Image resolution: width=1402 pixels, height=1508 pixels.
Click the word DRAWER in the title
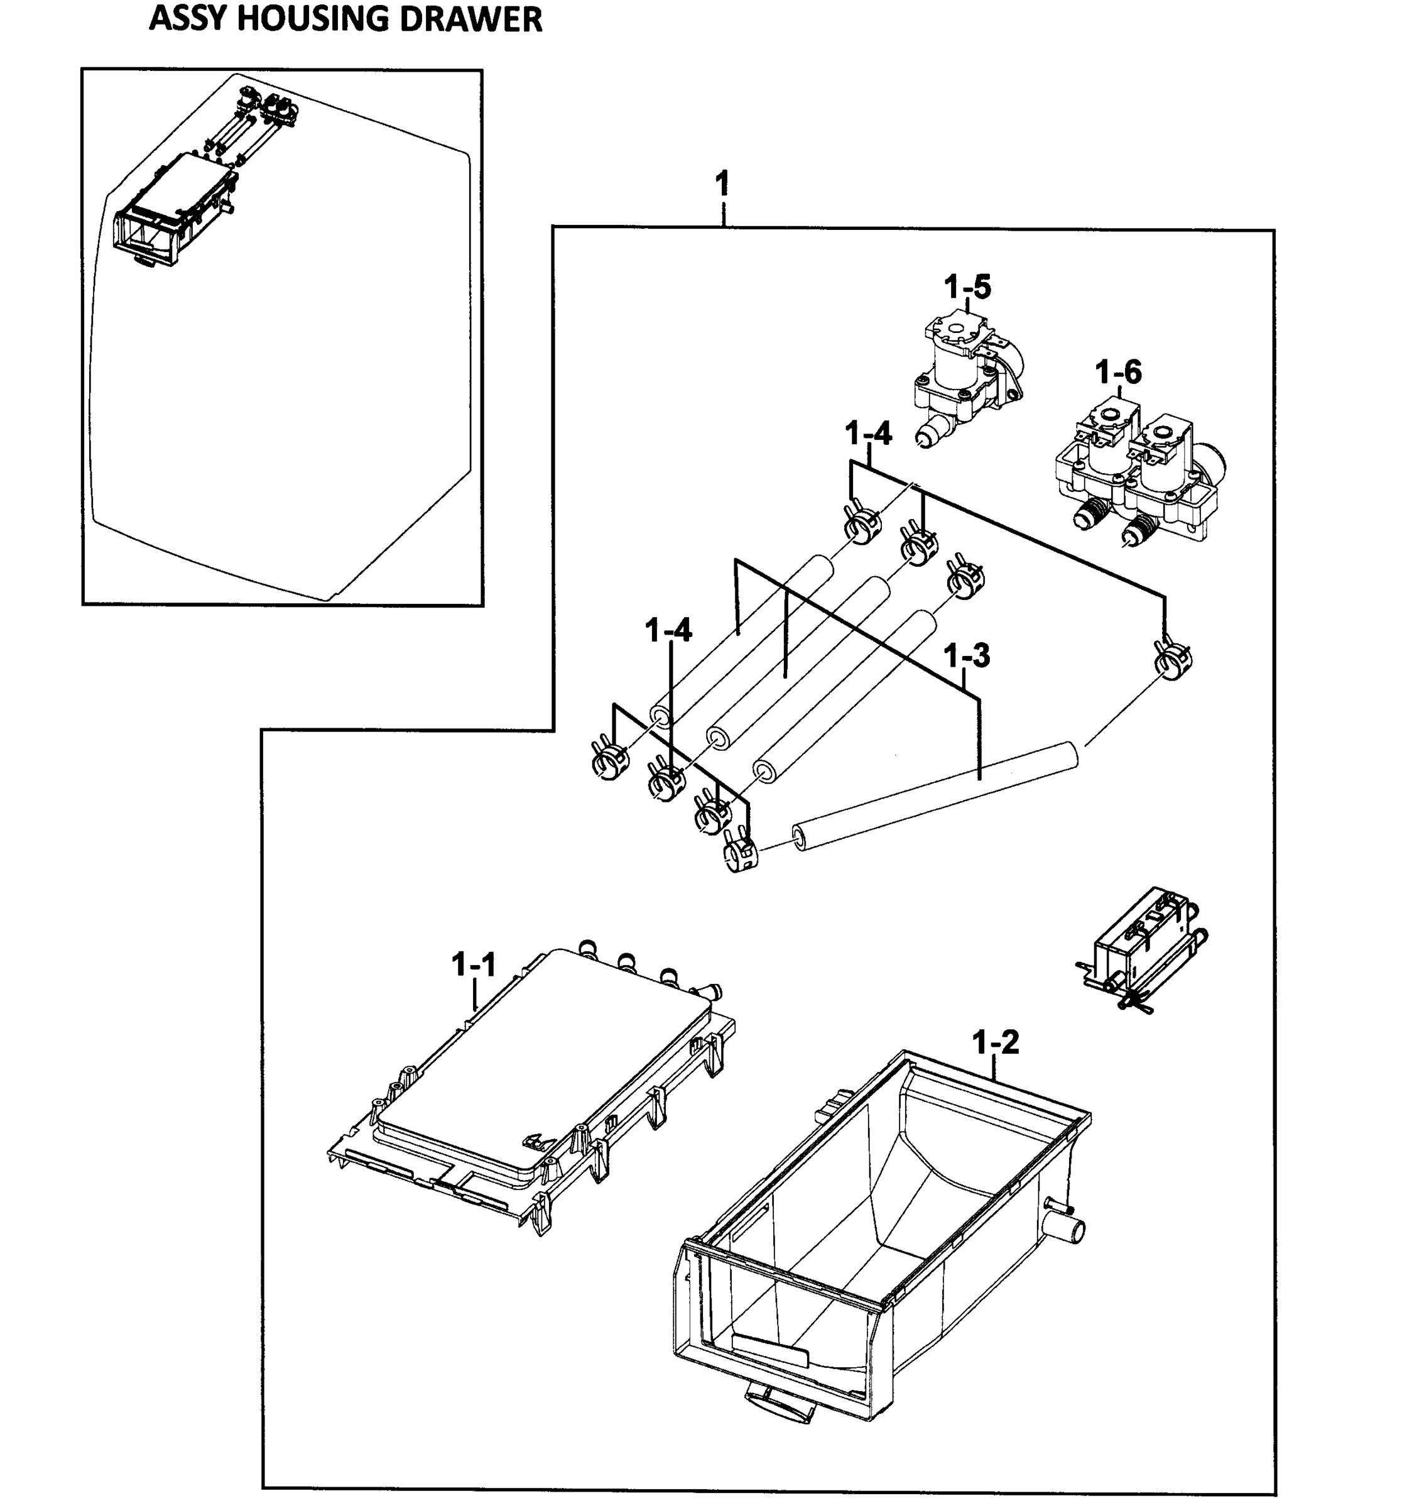[470, 19]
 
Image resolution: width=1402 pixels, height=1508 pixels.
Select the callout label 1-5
[967, 288]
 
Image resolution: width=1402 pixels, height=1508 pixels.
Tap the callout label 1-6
[1117, 373]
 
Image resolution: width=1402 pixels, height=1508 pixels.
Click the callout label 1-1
[473, 965]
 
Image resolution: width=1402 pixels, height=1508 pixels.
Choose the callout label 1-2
[995, 1043]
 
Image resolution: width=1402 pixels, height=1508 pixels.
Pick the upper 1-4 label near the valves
[868, 434]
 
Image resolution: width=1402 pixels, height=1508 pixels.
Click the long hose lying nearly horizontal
[933, 797]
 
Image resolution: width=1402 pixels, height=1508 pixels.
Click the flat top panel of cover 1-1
[542, 1054]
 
